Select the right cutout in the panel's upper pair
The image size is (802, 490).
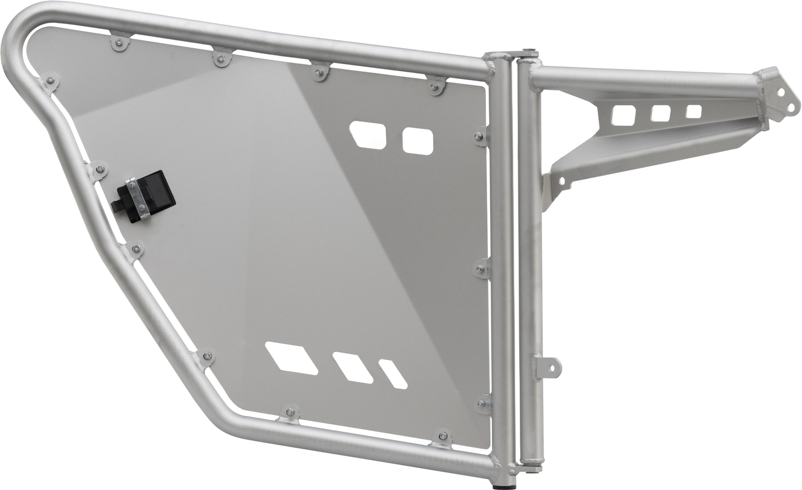click(x=417, y=140)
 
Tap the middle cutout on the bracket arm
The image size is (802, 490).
click(x=661, y=113)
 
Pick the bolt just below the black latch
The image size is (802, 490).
click(x=137, y=248)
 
